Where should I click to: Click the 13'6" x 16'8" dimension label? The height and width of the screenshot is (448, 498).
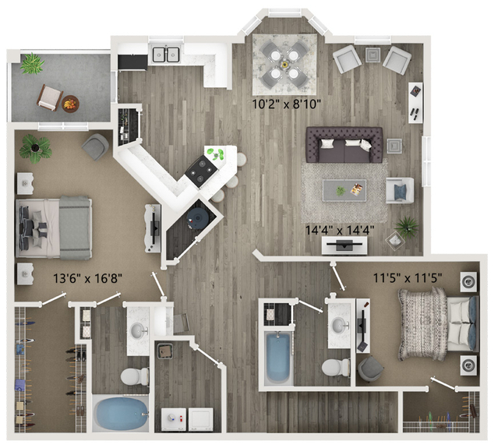[87, 279]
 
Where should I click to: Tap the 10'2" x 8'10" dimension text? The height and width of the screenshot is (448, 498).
[287, 104]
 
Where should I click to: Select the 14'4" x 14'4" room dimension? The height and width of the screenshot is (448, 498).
[340, 230]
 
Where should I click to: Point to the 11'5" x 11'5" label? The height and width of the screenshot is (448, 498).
[408, 278]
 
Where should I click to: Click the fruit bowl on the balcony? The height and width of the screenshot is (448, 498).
[70, 104]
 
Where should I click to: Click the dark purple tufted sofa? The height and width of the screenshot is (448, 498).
[344, 145]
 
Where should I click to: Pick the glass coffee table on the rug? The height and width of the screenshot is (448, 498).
[344, 191]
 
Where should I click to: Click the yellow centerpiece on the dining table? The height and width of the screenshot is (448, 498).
[284, 65]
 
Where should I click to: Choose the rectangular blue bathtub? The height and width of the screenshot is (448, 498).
[277, 358]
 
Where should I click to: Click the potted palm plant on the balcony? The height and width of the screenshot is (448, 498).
[32, 63]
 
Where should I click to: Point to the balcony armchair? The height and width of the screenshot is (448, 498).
[50, 98]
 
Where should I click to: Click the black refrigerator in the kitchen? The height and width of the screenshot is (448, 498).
[132, 62]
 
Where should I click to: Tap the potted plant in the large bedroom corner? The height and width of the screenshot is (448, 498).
[35, 148]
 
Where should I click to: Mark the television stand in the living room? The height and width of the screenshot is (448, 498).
[344, 245]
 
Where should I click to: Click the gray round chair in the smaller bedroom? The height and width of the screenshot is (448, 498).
[370, 369]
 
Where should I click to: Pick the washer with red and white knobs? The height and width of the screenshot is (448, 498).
[174, 419]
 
